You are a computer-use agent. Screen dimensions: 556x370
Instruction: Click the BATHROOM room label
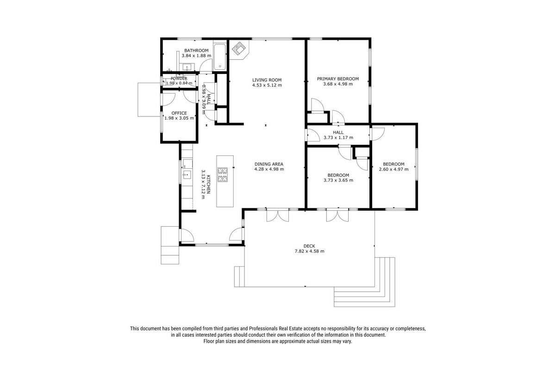[x=196, y=50]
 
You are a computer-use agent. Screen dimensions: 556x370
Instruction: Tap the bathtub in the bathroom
[x=220, y=56]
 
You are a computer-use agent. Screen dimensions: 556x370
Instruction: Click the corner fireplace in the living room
[x=238, y=49]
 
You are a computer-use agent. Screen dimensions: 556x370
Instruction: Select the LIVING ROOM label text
[x=267, y=80]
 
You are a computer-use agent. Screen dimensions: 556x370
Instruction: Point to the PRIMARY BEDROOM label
[x=338, y=79]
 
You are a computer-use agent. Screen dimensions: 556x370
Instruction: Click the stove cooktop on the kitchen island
[x=222, y=175]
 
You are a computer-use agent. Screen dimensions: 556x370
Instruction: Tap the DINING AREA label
[x=269, y=164]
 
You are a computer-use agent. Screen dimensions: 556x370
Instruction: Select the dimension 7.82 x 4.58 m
[x=309, y=251]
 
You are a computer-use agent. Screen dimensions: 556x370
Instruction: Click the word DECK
[x=309, y=246]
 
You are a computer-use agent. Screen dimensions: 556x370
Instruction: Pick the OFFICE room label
[x=179, y=113]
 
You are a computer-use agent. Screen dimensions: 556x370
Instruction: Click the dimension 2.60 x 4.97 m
[x=394, y=169]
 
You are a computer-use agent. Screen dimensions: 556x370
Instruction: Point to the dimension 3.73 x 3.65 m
[x=338, y=180]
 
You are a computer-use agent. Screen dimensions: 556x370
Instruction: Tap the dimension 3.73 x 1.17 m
[x=338, y=138]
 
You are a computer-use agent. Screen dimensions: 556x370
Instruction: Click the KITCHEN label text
[x=209, y=184]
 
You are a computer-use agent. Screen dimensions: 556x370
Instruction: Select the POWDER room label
[x=179, y=79]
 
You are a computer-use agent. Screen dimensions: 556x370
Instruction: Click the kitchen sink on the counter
[x=187, y=175]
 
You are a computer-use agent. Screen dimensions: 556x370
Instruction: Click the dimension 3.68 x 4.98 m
[x=338, y=84]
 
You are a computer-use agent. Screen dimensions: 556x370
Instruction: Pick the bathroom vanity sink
[x=187, y=67]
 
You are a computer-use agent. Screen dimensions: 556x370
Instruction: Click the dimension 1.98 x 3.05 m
[x=179, y=118]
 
